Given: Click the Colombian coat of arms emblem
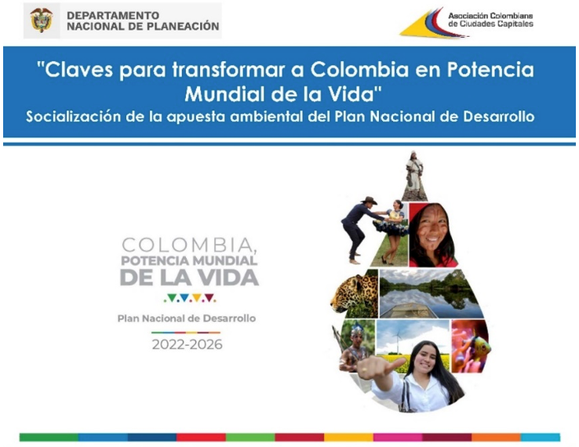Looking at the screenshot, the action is coord(42,20).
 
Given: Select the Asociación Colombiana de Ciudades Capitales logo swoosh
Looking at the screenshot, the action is coord(433,24).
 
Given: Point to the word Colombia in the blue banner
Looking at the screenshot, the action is coord(359,70).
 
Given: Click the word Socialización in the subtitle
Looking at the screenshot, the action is coord(74,117).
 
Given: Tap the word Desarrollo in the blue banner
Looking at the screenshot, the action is coord(498,117).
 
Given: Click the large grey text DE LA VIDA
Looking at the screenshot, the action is coord(189,277).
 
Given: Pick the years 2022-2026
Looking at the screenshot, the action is coord(188,344).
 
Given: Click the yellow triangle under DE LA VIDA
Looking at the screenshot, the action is coord(197,297).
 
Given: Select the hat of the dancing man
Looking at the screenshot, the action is coord(369,201).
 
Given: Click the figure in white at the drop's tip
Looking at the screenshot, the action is coord(414,173).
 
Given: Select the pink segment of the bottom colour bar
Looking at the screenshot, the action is coord(398,438).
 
